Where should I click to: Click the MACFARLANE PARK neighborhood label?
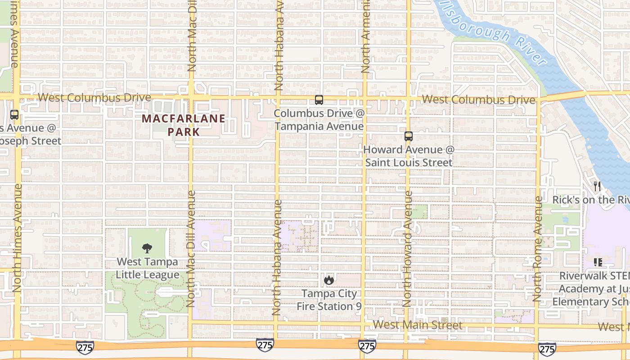click(x=184, y=125)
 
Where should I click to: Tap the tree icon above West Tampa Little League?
click(x=147, y=248)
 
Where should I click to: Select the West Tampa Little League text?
click(x=147, y=268)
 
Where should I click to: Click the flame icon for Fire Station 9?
click(x=329, y=280)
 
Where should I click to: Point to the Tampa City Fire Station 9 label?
click(x=329, y=300)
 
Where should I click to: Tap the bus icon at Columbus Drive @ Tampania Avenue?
click(x=319, y=100)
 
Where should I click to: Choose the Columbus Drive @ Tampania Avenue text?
click(x=319, y=120)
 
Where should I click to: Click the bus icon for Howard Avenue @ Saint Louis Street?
click(x=408, y=136)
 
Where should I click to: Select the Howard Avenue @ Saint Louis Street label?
click(x=409, y=156)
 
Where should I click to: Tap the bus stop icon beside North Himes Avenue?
click(x=14, y=115)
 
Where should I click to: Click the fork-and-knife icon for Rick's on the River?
click(x=597, y=186)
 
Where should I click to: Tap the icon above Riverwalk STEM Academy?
click(x=598, y=262)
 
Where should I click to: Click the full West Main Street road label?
click(x=417, y=324)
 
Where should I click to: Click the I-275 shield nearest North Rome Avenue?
click(x=547, y=348)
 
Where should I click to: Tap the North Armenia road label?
click(x=365, y=36)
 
